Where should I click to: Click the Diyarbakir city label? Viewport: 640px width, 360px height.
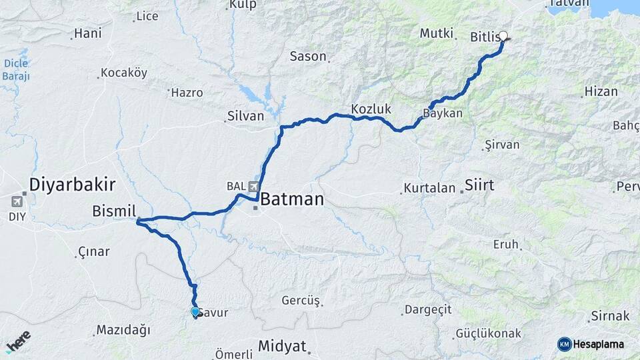[x=73, y=185]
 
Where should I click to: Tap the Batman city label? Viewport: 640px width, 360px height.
[x=292, y=199]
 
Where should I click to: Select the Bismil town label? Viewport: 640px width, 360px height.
[x=114, y=211]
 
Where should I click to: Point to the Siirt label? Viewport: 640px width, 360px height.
[x=479, y=185]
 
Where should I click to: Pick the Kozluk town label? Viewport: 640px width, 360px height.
[x=371, y=109]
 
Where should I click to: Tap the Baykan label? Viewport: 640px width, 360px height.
[x=443, y=113]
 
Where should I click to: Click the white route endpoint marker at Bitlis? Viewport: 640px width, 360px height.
[x=503, y=36]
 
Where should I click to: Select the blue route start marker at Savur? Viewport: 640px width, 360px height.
[x=195, y=311]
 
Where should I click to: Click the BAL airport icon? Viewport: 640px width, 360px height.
[x=253, y=186]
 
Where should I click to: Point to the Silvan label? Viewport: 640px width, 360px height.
[x=245, y=116]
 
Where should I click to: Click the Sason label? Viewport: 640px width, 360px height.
[x=308, y=57]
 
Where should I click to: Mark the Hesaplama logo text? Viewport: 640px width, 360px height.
[x=599, y=344]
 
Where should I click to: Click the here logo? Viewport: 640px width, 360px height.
[x=18, y=341]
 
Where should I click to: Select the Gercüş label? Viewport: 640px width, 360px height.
[x=301, y=301]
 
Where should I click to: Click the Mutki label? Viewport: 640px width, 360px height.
[x=437, y=33]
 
